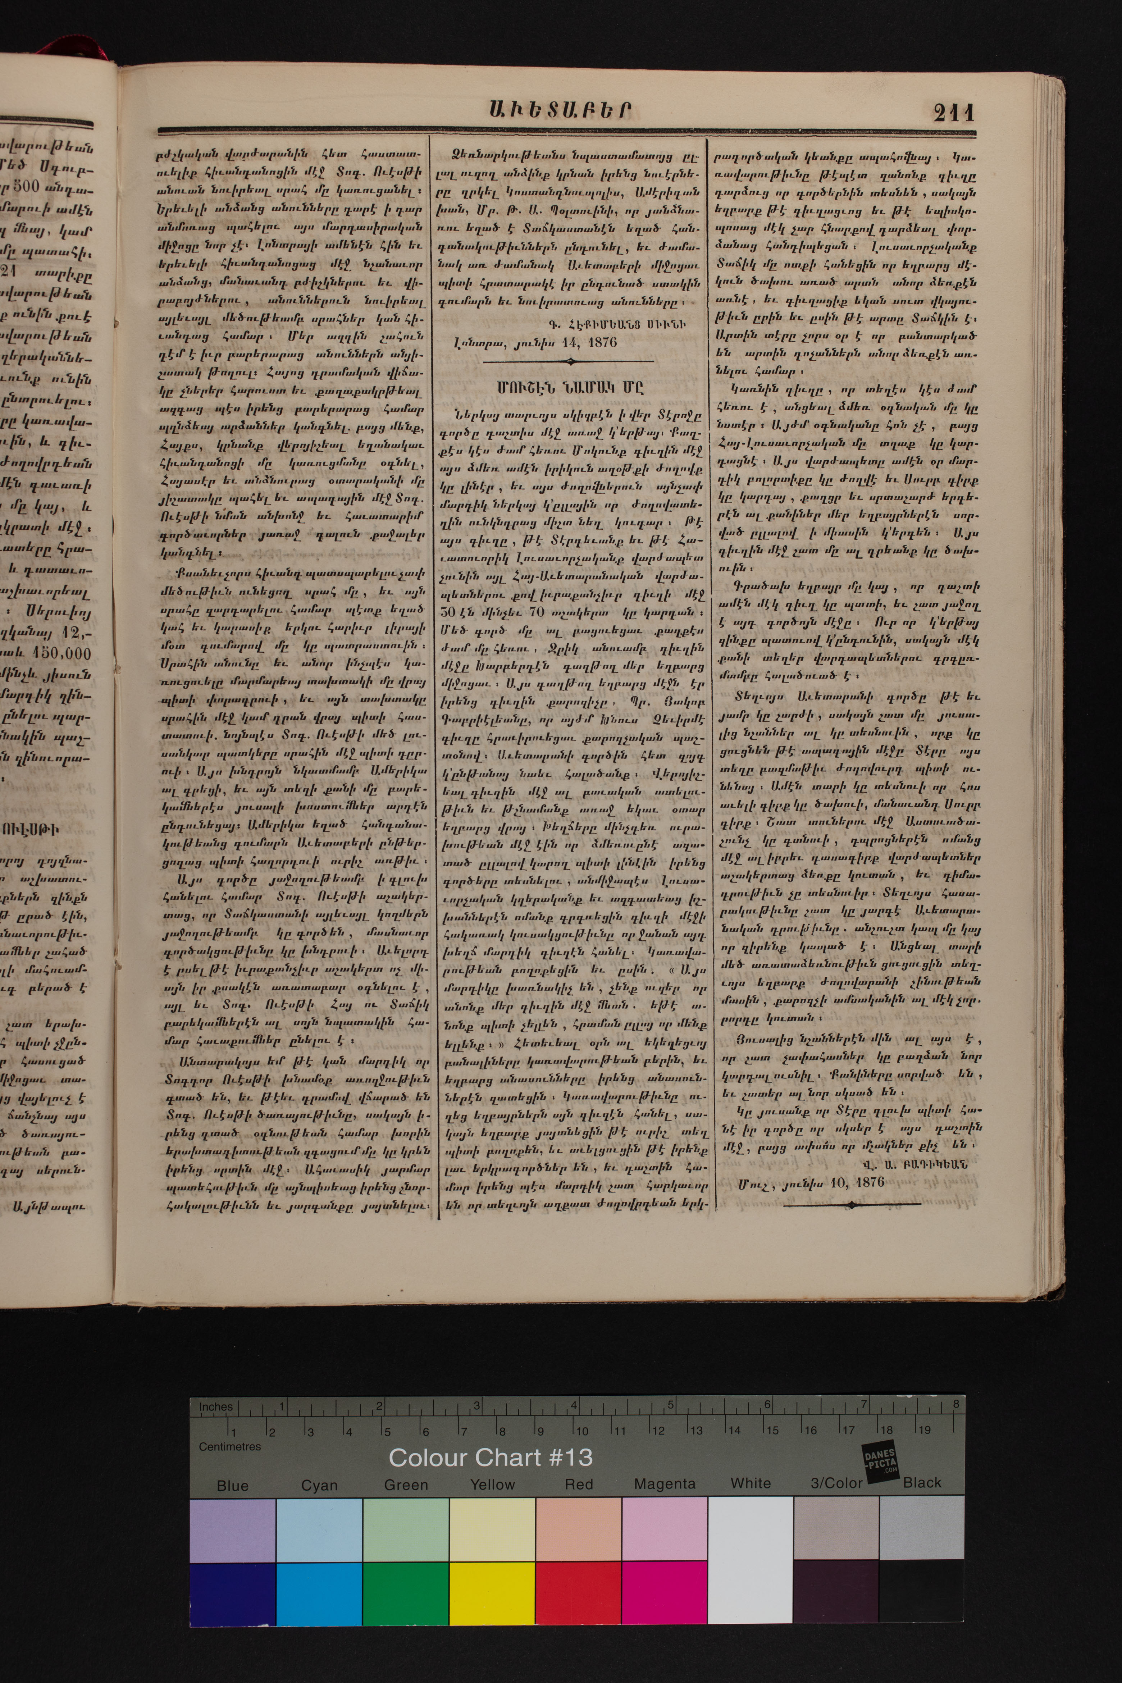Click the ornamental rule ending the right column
852,1204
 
